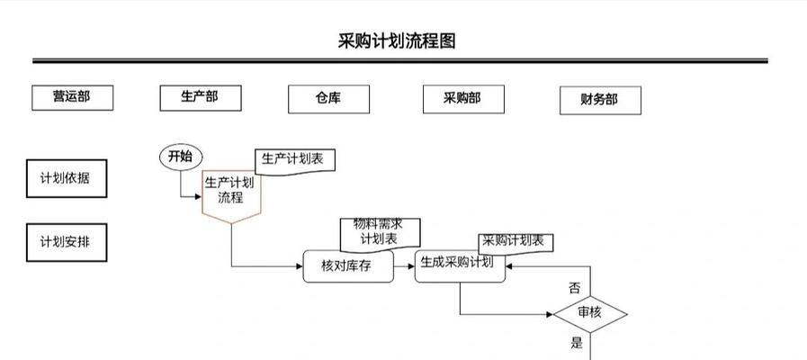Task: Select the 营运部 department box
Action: [x=72, y=98]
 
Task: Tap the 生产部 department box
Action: [x=200, y=97]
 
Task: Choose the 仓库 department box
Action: [x=327, y=98]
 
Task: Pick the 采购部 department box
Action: [x=463, y=98]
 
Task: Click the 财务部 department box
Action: [x=600, y=100]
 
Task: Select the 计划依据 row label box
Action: [x=66, y=178]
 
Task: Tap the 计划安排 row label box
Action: [x=66, y=242]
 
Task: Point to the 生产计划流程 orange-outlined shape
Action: [x=231, y=193]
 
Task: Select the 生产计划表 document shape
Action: [x=294, y=160]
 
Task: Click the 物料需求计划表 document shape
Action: [x=379, y=232]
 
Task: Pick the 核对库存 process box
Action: [x=347, y=266]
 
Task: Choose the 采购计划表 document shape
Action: [x=515, y=241]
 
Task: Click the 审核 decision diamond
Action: [x=589, y=313]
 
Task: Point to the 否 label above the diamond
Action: [x=574, y=288]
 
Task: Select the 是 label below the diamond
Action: [x=577, y=342]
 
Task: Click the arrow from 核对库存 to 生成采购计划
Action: [x=404, y=266]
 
